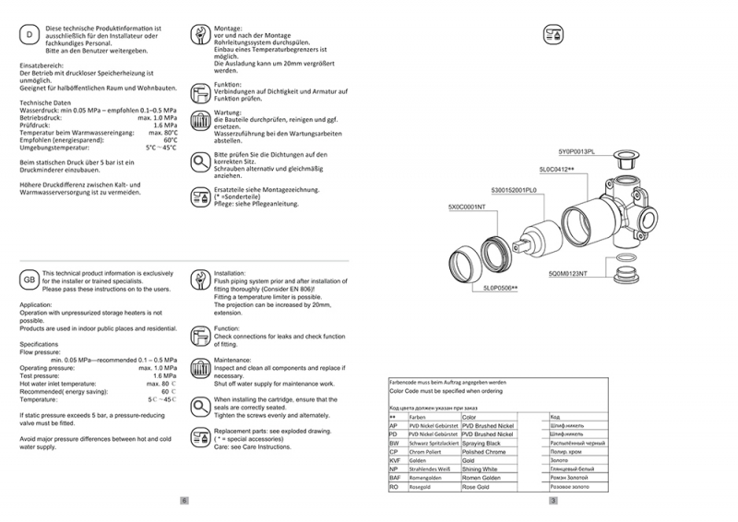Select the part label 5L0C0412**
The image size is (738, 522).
pos(556,171)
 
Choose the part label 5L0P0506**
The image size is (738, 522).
pos(500,289)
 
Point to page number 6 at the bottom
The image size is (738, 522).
pos(184,501)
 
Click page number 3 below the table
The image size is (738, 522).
pos(553,501)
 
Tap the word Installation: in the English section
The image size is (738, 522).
pos(231,274)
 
